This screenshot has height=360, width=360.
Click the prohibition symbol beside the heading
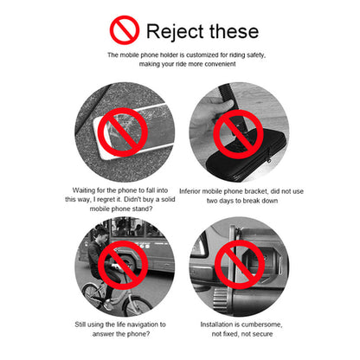pyautogui.click(x=125, y=30)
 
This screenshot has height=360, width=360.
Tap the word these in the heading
pyautogui.click(x=234, y=31)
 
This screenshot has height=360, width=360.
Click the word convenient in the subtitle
pyautogui.click(x=221, y=64)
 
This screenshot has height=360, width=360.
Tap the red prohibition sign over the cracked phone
pyautogui.click(x=123, y=132)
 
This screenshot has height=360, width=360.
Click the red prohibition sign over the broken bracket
pyautogui.click(x=238, y=134)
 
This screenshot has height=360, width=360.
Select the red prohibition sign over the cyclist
pyautogui.click(x=123, y=266)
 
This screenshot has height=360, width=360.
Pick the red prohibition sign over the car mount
pyautogui.click(x=240, y=265)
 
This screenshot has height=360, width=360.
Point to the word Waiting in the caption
pyautogui.click(x=84, y=190)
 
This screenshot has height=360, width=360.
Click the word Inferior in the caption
pyautogui.click(x=190, y=191)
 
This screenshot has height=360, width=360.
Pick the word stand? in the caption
pyautogui.click(x=142, y=209)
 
